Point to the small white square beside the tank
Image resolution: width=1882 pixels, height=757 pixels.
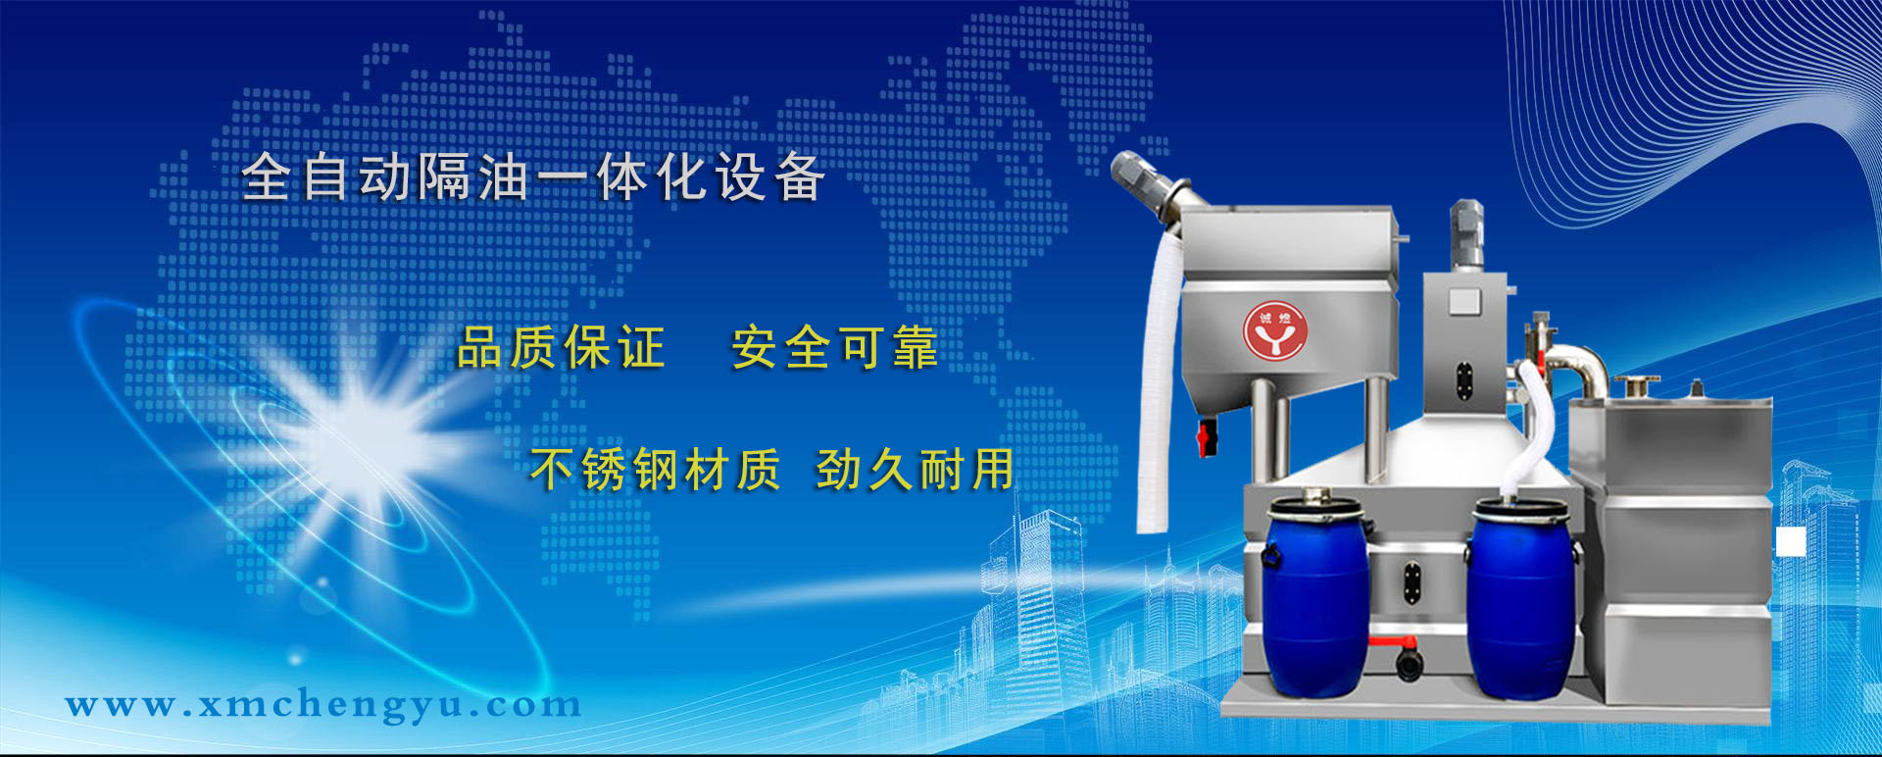coord(1791,541)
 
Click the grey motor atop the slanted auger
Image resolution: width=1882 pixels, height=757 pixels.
coord(1145,184)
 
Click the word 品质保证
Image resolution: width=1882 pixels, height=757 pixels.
coord(562,348)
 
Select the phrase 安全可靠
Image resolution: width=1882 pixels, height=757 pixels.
coord(835,348)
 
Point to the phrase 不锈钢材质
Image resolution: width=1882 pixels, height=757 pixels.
coord(655,469)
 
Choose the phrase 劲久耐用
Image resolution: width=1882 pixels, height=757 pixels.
coord(916,469)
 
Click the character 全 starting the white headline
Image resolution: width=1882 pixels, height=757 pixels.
coord(267,177)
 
